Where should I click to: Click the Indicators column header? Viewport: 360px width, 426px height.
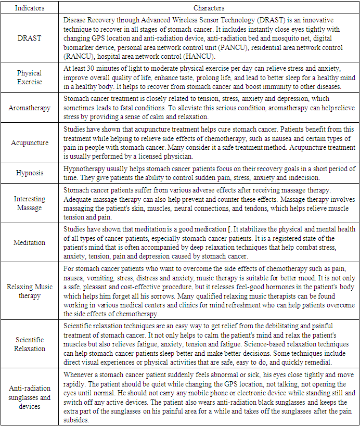point(29,8)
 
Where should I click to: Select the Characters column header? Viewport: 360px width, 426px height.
point(209,8)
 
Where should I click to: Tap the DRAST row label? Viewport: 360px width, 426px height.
point(29,37)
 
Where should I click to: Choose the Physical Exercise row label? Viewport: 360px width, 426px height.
point(29,78)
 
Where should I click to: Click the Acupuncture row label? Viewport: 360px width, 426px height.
point(29,143)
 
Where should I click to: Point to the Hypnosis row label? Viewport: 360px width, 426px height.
point(29,172)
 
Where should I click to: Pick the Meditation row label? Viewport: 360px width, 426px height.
point(29,242)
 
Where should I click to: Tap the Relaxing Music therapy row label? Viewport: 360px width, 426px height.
point(29,291)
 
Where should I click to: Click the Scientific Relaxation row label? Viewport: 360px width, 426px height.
point(29,344)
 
